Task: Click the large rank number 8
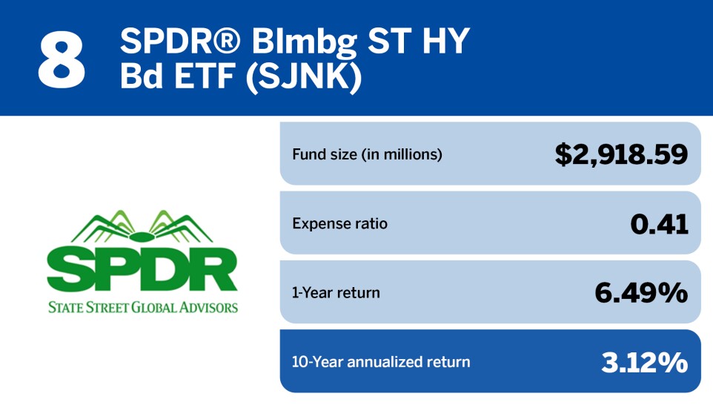tap(62, 58)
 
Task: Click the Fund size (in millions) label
tap(368, 155)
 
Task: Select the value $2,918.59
tap(621, 154)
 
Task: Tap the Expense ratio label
tap(339, 223)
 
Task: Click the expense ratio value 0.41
tap(658, 223)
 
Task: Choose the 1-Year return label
tap(336, 293)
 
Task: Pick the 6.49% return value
tap(641, 293)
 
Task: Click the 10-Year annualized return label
tap(381, 362)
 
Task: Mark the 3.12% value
tap(643, 362)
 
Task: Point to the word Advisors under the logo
tap(210, 307)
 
